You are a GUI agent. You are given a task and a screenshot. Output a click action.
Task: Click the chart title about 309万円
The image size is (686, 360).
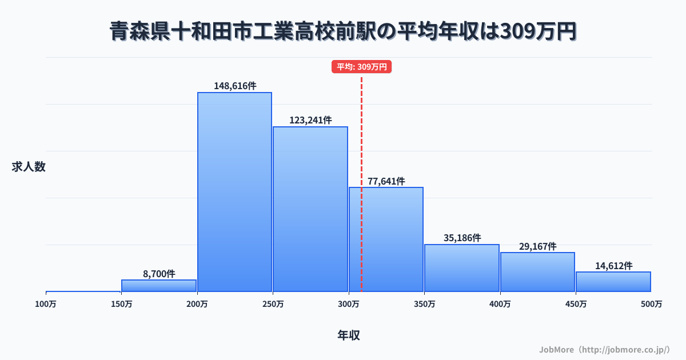(x=343, y=32)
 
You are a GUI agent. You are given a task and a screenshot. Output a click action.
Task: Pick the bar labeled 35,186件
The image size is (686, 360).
(x=461, y=268)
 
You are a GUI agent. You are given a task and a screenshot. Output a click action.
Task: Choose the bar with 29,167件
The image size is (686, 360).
(x=537, y=272)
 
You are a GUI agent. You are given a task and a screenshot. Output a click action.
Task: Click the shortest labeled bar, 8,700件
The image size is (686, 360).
(x=159, y=286)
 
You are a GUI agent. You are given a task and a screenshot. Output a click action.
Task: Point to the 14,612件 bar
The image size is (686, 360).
(x=613, y=282)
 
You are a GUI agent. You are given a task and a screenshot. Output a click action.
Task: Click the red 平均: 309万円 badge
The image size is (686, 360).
(x=361, y=67)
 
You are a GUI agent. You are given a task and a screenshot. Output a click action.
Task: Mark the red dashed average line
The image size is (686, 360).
(x=361, y=143)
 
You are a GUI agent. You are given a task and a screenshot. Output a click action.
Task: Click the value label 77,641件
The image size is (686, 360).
(x=386, y=181)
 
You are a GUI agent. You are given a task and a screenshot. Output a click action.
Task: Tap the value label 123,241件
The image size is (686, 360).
(x=310, y=121)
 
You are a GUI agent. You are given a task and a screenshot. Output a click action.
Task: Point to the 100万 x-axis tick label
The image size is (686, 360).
(x=46, y=304)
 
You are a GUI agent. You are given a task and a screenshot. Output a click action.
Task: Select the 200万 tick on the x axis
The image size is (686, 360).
(x=197, y=304)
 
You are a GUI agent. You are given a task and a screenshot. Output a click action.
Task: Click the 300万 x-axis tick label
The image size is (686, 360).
(x=348, y=304)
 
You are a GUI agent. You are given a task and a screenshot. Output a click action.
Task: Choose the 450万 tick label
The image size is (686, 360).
(x=576, y=304)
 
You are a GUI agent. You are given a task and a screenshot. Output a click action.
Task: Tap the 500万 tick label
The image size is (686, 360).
(x=651, y=304)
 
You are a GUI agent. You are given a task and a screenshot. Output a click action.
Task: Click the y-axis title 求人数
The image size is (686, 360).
(x=29, y=167)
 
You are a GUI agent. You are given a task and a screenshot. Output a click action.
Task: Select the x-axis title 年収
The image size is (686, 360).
(x=348, y=335)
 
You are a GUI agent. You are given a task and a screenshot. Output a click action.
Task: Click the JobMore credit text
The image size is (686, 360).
(x=604, y=349)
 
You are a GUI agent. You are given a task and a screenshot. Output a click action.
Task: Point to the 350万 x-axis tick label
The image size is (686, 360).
(x=424, y=304)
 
